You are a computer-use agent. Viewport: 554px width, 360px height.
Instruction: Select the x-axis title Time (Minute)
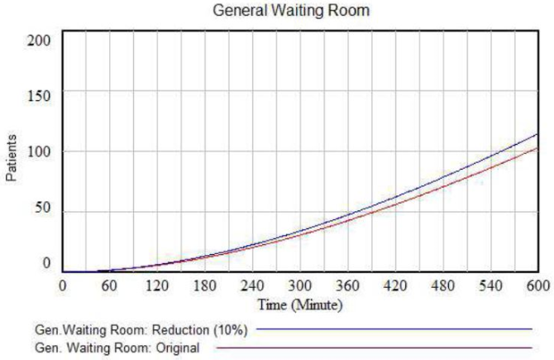(299, 305)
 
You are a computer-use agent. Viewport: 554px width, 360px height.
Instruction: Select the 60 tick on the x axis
(110, 285)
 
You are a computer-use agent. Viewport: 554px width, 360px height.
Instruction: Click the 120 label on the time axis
(157, 285)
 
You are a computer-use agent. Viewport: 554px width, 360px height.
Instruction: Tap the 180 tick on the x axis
(205, 285)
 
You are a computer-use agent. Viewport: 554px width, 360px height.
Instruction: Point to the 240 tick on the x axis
(252, 285)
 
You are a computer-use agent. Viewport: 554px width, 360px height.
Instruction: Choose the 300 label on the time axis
(300, 285)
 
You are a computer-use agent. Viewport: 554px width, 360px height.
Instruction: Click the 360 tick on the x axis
(347, 285)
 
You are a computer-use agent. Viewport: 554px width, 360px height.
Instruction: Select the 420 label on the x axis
(395, 285)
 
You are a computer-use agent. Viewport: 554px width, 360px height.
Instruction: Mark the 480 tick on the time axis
(442, 285)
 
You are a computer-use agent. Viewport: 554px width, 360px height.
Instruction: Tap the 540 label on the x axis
(490, 285)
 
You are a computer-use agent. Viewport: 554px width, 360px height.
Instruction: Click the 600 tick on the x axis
(536, 285)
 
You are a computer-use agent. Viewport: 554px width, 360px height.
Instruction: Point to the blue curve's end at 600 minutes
(537, 134)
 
